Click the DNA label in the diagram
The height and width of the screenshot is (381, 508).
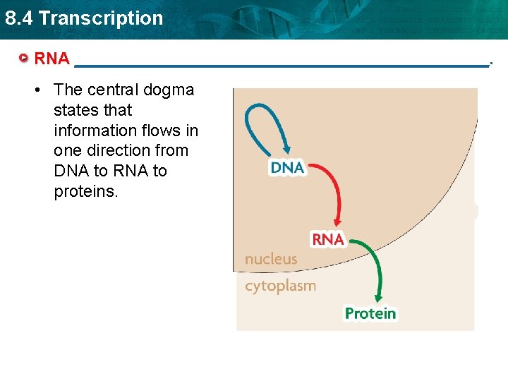[x=287, y=167]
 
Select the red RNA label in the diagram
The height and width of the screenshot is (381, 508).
[x=327, y=240]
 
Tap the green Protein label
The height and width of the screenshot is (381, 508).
[x=370, y=313]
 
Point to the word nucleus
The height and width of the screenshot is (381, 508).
[x=271, y=259]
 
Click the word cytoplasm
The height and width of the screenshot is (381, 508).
[x=280, y=286]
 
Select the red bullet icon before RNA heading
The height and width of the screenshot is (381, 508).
[x=25, y=59]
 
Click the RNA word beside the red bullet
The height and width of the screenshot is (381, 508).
[x=52, y=59]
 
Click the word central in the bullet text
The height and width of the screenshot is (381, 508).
[x=113, y=90]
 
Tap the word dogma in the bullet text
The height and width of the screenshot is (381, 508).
[x=169, y=90]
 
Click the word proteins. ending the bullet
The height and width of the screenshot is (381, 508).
[x=85, y=192]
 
